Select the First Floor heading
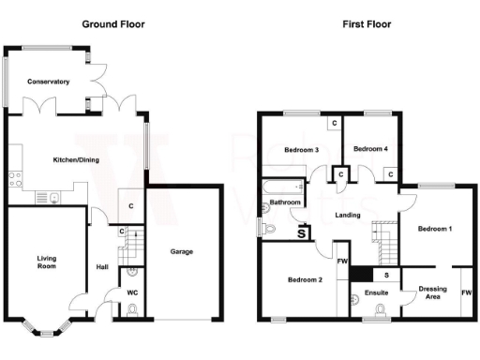(x=367, y=24)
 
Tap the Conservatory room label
(x=49, y=82)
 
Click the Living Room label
(x=47, y=262)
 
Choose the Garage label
(x=182, y=251)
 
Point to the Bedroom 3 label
(x=303, y=150)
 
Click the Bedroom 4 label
(x=370, y=149)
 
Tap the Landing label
(x=349, y=215)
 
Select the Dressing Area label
(x=432, y=293)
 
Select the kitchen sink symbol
(x=54, y=197)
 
